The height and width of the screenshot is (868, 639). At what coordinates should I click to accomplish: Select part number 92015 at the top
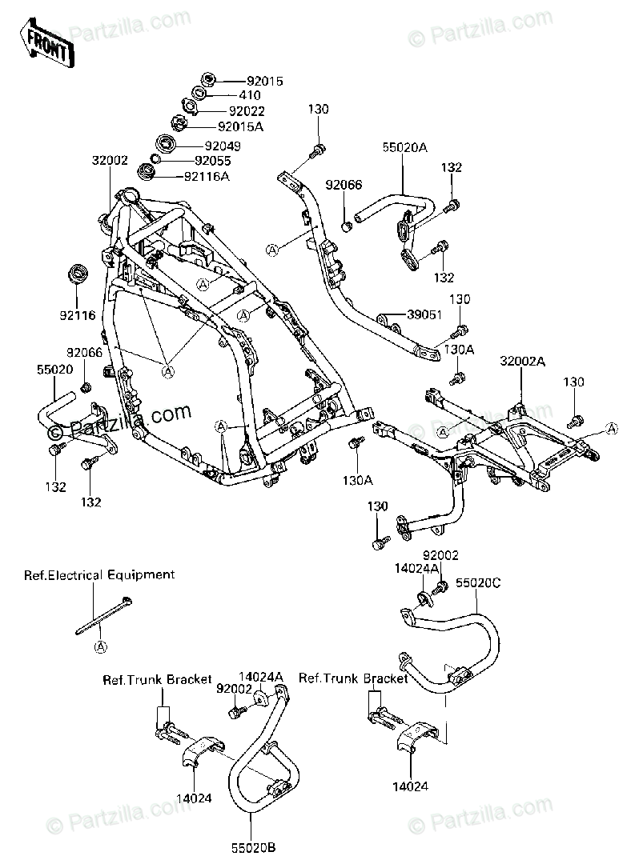pos(265,81)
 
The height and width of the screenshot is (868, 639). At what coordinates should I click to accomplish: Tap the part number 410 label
pos(250,95)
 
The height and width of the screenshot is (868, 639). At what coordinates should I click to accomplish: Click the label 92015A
pos(240,126)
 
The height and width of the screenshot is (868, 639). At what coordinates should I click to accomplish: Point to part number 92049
pos(223,146)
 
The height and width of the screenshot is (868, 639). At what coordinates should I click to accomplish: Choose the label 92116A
pos(207,177)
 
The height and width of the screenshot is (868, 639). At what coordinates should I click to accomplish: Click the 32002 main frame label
pos(110,161)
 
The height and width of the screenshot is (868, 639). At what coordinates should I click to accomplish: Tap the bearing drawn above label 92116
pos(77,274)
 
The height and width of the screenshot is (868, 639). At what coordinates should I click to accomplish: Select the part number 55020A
pos(405,147)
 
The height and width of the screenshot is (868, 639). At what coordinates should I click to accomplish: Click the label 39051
pos(424,315)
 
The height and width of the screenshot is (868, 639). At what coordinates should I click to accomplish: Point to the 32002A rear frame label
pos(523,362)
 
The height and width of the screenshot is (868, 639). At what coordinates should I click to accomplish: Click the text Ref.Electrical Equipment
pos(99,575)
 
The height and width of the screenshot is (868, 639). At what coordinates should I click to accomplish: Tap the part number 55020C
pos(478,583)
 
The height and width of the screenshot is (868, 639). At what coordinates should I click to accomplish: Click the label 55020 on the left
pos(55,370)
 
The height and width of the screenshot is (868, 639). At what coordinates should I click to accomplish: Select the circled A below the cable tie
pos(100,646)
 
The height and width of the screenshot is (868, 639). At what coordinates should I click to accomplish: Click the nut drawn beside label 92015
pos(208,79)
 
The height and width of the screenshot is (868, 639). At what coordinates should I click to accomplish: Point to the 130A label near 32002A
pos(460,350)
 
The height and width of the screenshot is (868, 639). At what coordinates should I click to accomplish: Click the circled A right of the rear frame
pos(611,429)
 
